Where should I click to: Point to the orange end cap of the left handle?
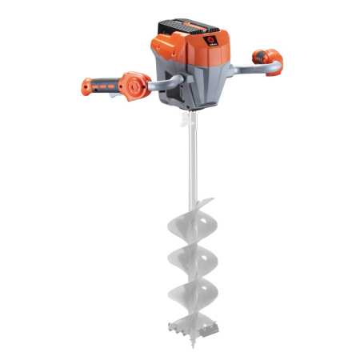click(86, 84)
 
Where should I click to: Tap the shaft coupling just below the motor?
click(189, 119)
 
